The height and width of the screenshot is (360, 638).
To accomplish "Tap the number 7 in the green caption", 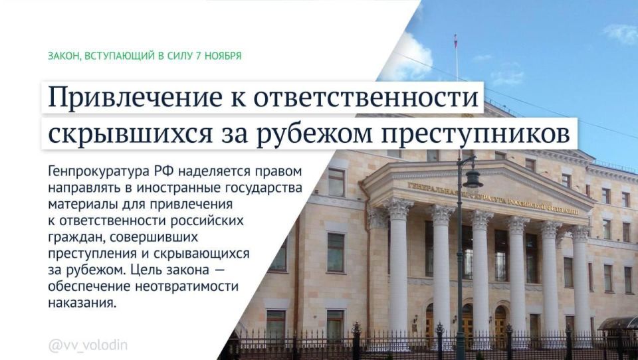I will [199, 56].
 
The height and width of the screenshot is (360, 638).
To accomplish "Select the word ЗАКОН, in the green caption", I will [64, 56].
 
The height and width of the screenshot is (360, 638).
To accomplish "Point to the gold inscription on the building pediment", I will [492, 199].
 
